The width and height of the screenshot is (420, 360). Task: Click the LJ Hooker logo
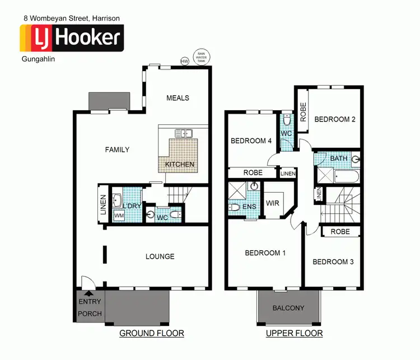coord(71,38)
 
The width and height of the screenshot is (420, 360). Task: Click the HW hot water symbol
coord(184,60)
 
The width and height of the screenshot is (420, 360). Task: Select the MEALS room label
coord(178,98)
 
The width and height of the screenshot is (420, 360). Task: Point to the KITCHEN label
coord(180,165)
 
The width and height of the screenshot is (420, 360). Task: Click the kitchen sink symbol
coord(184,133)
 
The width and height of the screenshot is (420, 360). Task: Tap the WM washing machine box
coord(119,215)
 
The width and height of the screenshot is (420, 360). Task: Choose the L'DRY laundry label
coord(133,206)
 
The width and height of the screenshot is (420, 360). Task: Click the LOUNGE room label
coord(160,256)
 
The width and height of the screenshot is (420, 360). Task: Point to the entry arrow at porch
coord(88,293)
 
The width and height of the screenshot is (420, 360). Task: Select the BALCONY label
coord(288,308)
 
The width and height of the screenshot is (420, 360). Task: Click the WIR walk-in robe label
coord(273,203)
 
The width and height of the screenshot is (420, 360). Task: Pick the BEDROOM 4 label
coord(251,141)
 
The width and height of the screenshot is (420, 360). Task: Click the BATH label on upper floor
coord(339,158)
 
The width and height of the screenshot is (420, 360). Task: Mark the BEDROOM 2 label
coord(334,119)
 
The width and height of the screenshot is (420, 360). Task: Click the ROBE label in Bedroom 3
coord(340,231)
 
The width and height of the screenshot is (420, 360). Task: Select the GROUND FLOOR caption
coord(152,334)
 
